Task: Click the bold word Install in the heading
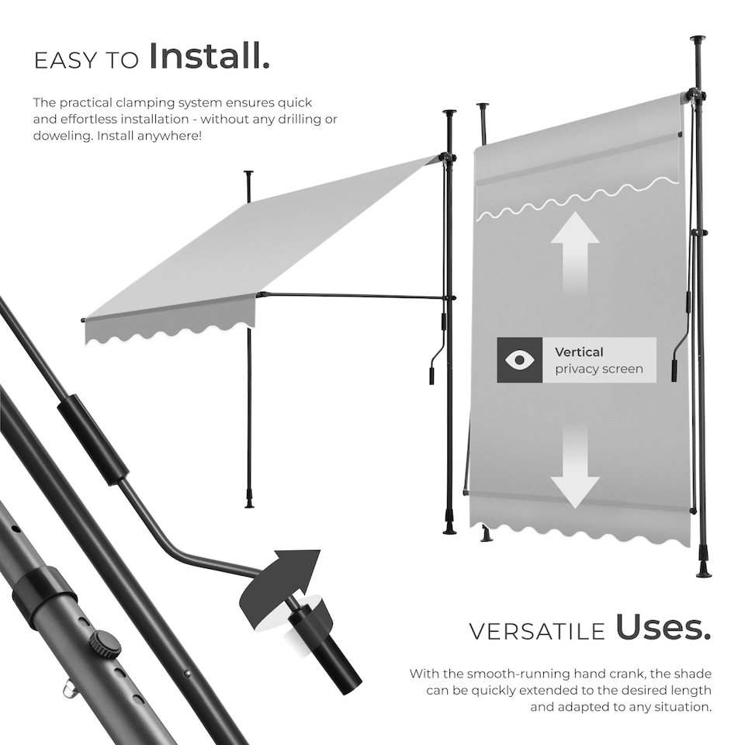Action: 209,57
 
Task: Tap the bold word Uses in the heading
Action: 663,629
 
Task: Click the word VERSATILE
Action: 536,631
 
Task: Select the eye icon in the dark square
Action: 520,360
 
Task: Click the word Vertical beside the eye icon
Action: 579,352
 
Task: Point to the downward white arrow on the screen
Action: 575,466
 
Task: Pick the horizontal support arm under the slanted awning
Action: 353,296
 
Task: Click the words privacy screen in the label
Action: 598,369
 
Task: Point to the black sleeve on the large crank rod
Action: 95,439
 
